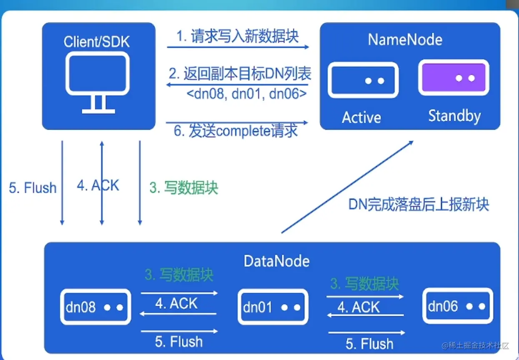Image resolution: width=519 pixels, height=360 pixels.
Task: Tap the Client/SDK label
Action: (x=97, y=42)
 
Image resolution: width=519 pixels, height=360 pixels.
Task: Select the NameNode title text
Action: (x=405, y=40)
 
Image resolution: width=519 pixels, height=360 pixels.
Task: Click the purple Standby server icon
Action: (x=454, y=78)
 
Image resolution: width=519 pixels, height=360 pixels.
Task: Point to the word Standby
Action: (x=454, y=116)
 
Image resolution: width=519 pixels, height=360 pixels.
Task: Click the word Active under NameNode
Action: (x=361, y=117)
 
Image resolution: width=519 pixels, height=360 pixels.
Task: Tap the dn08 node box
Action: (x=95, y=307)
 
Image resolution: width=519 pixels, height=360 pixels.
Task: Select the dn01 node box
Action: (x=273, y=307)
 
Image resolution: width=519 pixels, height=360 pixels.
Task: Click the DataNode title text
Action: (x=276, y=261)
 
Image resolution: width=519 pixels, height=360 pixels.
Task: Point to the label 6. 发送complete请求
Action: (x=236, y=131)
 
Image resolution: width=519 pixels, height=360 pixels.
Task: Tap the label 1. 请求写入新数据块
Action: (x=238, y=36)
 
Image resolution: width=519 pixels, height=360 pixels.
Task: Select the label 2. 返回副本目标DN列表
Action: (x=240, y=74)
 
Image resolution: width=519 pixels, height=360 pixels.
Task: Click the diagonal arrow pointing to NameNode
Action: (x=347, y=187)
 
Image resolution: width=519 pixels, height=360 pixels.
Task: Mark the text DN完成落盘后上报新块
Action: (x=419, y=204)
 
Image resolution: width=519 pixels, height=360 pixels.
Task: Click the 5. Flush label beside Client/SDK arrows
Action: (x=33, y=188)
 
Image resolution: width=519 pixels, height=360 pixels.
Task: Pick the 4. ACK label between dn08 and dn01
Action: (x=176, y=303)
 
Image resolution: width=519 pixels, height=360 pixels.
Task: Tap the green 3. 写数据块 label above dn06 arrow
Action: (x=365, y=284)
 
